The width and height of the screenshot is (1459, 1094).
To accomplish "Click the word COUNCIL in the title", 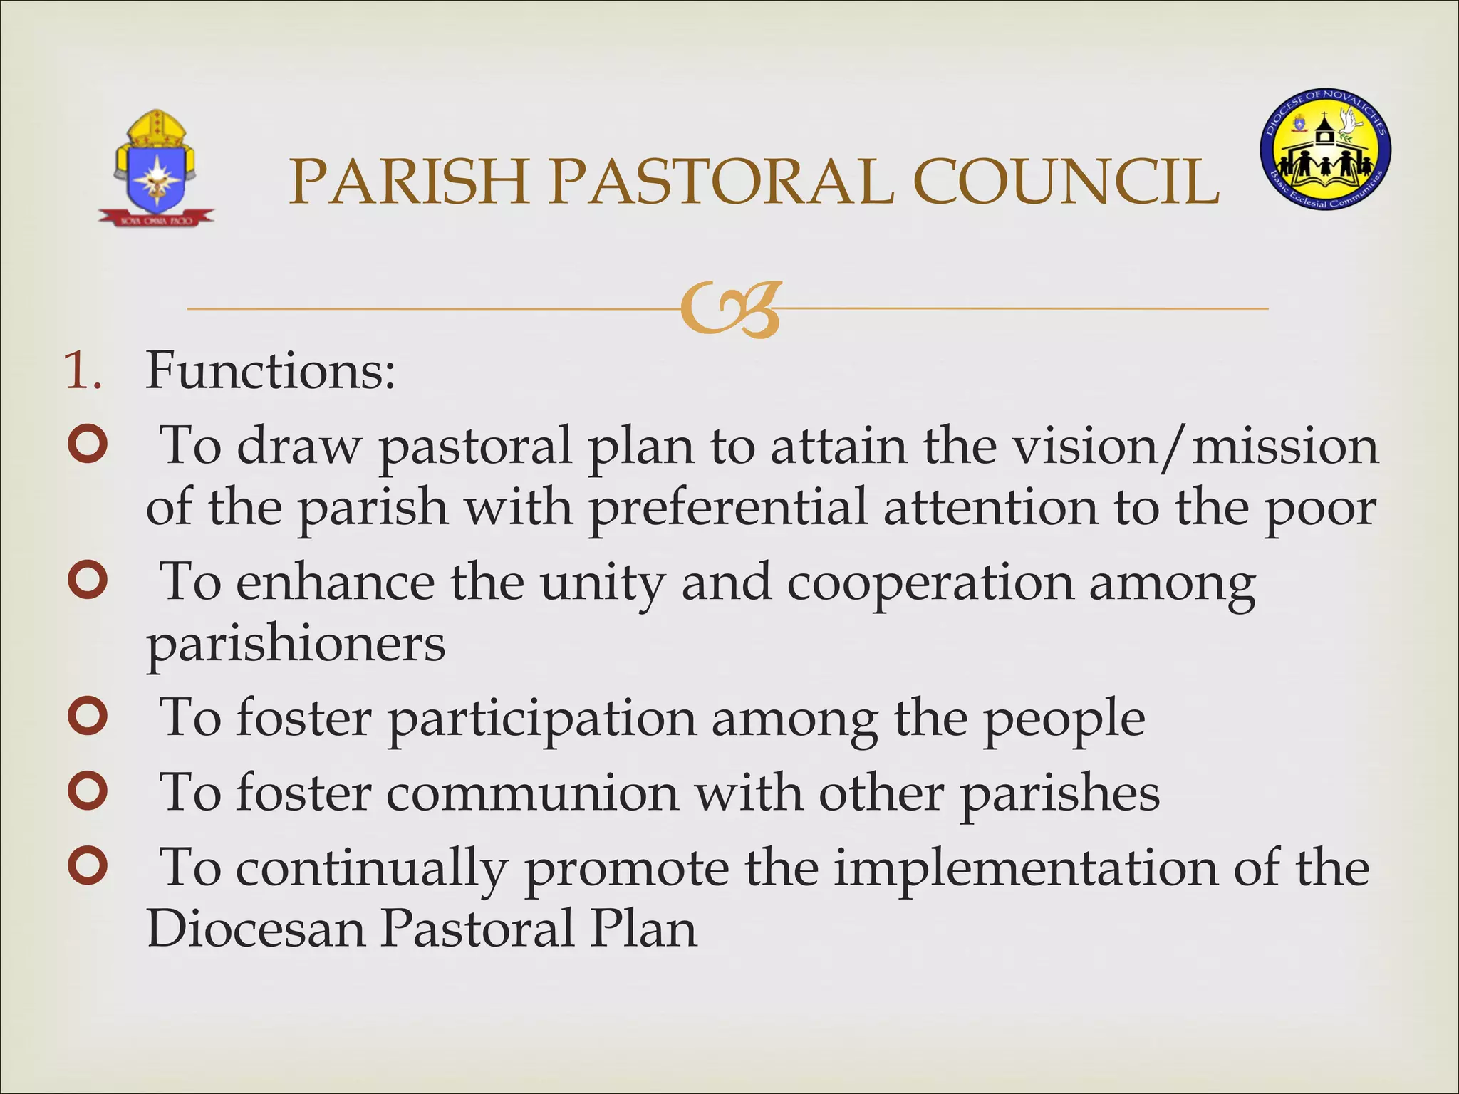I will [x=1066, y=182].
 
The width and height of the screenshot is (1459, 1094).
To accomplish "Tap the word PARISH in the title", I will [x=408, y=182].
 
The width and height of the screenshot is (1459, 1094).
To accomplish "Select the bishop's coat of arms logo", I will [x=156, y=169].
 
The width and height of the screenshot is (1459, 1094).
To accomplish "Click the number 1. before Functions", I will [x=83, y=370].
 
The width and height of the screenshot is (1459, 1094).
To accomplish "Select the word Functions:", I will [x=270, y=370].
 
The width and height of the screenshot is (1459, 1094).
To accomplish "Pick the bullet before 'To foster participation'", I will [x=88, y=717].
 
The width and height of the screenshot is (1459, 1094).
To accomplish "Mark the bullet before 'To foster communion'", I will [x=88, y=791].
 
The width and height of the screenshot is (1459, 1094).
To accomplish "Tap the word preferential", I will [x=728, y=509].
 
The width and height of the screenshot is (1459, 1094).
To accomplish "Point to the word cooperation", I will [x=930, y=583].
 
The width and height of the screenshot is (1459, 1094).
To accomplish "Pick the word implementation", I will [x=1025, y=869].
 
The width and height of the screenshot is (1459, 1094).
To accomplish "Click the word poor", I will [x=1319, y=509].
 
